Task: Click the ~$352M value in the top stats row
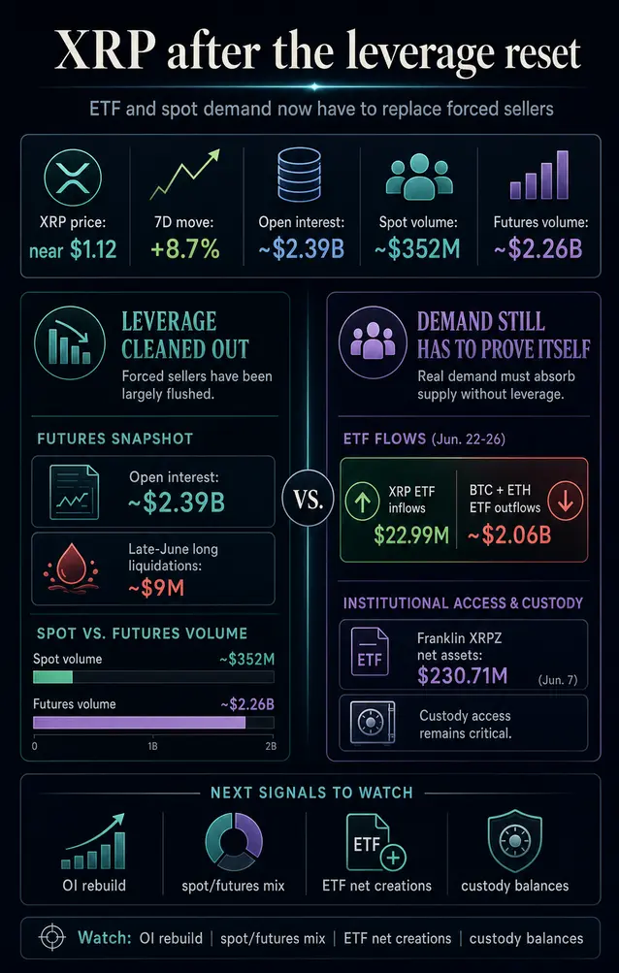point(417,248)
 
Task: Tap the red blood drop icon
point(68,570)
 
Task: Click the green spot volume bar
point(52,676)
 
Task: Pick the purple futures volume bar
point(139,723)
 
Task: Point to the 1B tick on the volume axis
point(152,746)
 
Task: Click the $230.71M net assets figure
point(462,675)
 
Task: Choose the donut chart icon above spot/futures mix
point(234,842)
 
